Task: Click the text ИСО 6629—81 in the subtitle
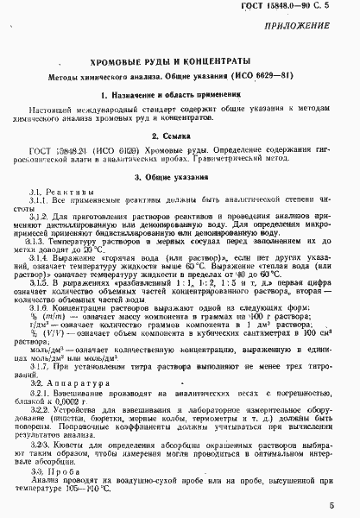click(x=256, y=75)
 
